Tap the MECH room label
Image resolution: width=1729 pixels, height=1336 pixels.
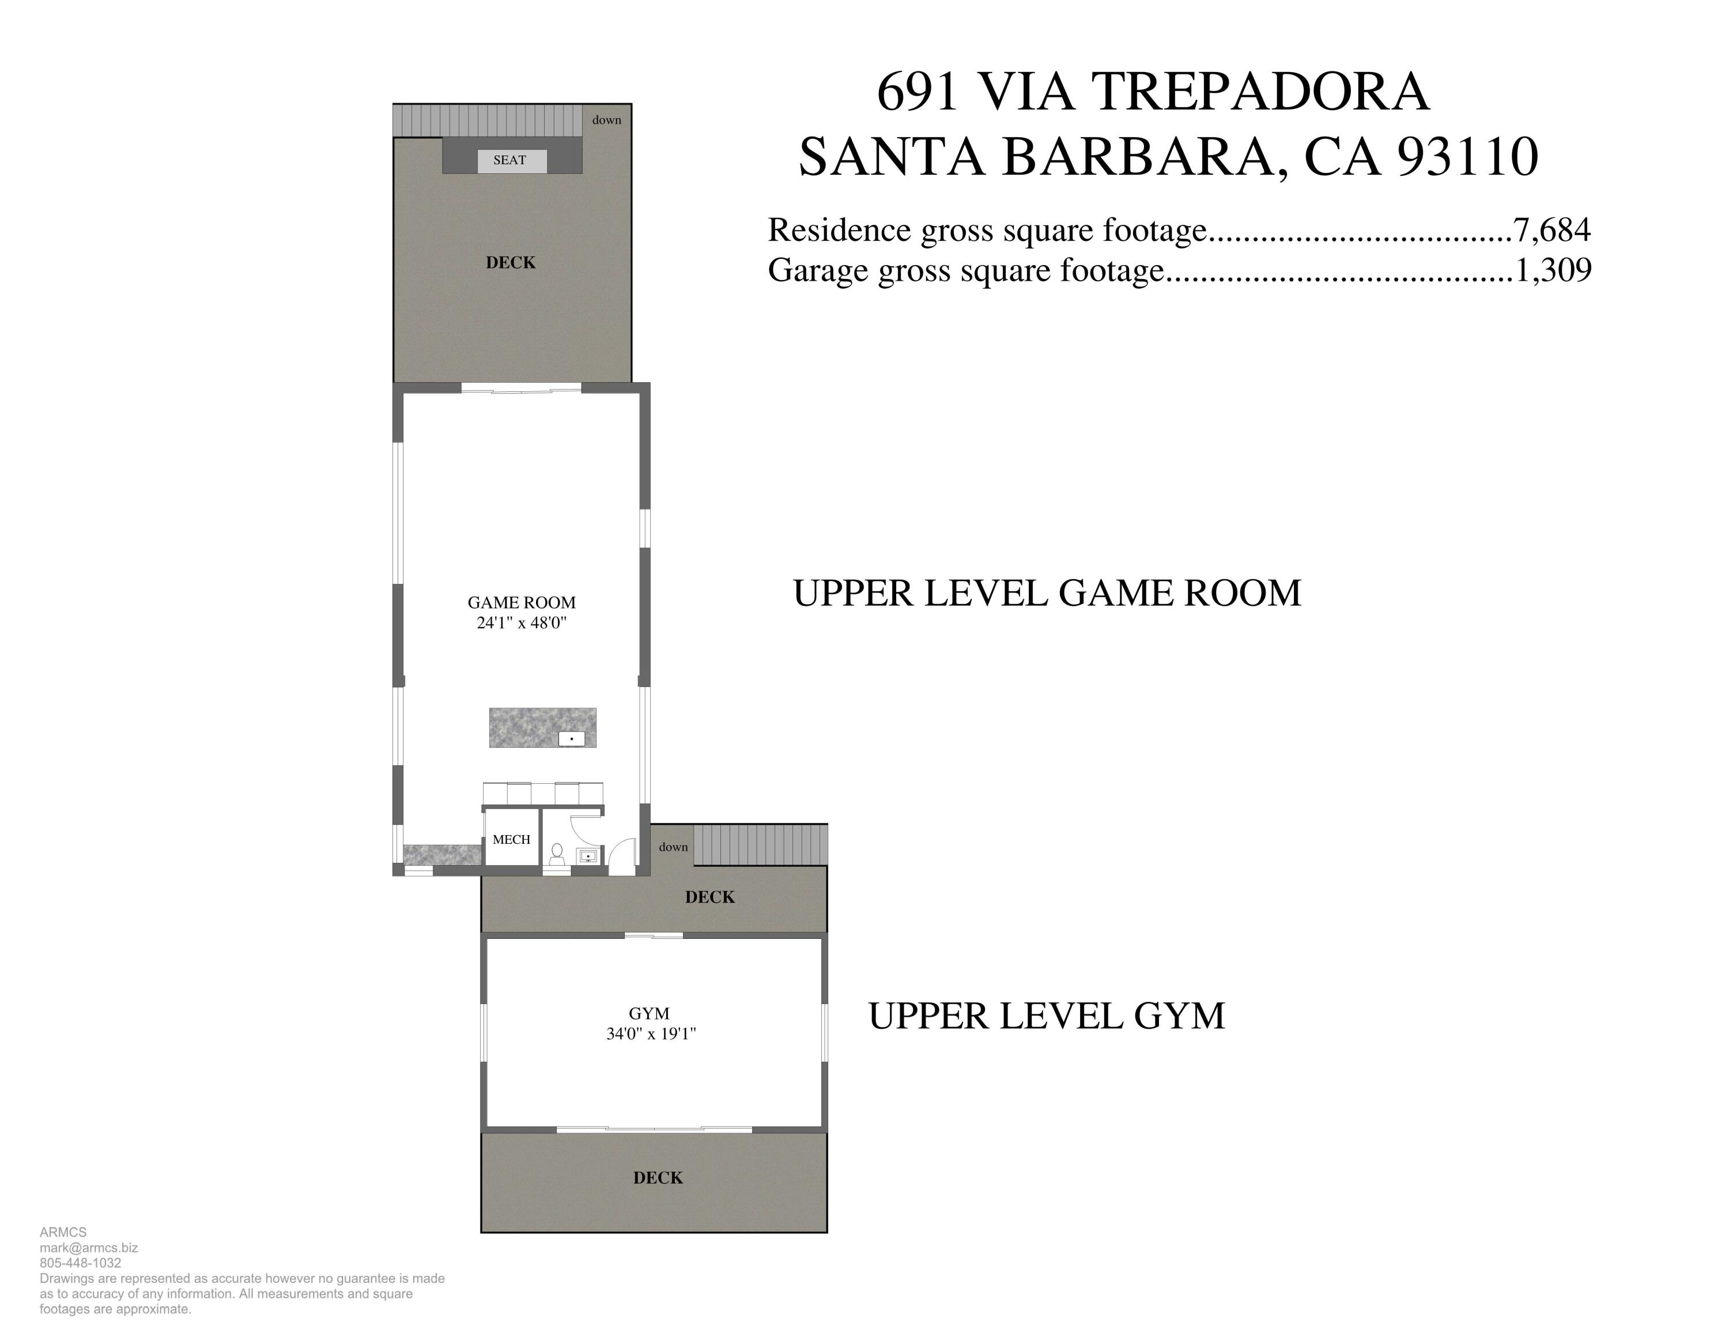click(511, 840)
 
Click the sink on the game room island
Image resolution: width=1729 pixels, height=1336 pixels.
click(572, 738)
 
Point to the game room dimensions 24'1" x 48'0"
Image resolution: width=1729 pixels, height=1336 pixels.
click(522, 623)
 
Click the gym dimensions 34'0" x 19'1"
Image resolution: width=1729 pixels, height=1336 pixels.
click(651, 1033)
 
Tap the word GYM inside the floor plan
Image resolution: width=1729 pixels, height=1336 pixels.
click(649, 1013)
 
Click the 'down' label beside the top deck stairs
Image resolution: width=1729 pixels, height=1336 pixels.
click(606, 120)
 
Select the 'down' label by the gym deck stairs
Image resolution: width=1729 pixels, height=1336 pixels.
click(673, 847)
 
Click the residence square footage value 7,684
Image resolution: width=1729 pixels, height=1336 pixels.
click(1551, 231)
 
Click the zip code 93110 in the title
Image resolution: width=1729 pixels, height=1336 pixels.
click(1468, 157)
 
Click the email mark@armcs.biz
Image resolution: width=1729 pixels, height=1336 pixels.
click(89, 1247)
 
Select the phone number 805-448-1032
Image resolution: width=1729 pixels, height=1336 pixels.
click(80, 1263)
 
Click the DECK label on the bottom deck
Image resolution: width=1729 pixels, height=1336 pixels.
click(658, 1178)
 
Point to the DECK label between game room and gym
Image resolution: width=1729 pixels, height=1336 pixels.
click(710, 897)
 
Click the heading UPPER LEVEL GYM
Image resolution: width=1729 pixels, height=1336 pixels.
click(1046, 1016)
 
